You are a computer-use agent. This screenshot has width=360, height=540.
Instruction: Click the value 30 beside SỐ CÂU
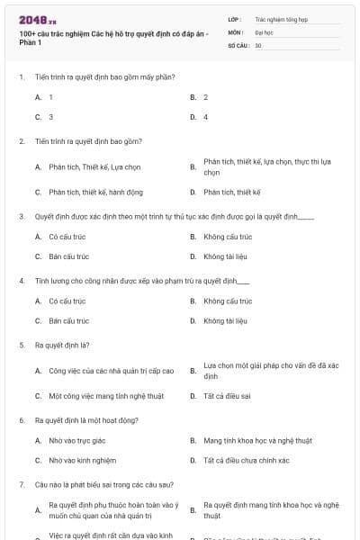click(x=258, y=45)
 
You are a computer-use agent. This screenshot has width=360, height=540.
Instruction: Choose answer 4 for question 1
click(x=206, y=117)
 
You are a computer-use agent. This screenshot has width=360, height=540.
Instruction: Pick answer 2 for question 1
click(x=206, y=96)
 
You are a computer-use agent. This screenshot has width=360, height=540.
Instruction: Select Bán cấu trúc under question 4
click(x=68, y=320)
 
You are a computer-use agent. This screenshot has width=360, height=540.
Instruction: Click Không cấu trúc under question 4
click(x=228, y=301)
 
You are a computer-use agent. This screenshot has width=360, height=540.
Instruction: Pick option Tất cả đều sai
click(x=226, y=395)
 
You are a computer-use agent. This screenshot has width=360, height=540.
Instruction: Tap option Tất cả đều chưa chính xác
click(x=246, y=460)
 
